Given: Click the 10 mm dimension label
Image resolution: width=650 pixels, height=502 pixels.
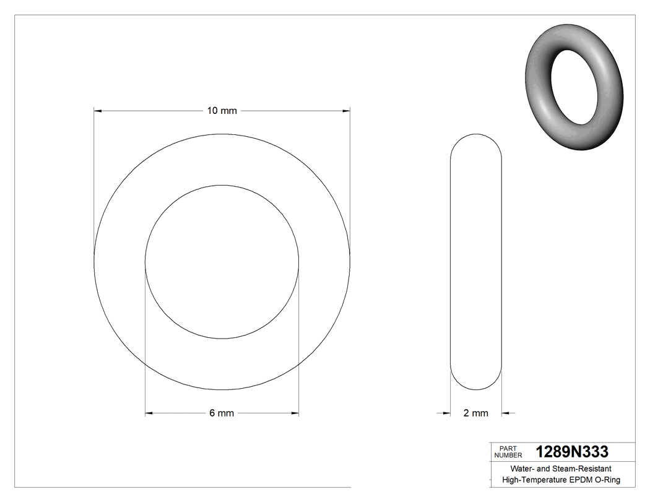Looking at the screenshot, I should click(x=222, y=111).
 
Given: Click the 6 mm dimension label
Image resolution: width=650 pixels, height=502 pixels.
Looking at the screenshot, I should click(x=222, y=413).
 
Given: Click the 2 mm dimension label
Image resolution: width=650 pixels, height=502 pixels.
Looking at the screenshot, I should click(x=475, y=413).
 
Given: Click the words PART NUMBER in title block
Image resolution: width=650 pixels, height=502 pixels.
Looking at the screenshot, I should click(x=508, y=451).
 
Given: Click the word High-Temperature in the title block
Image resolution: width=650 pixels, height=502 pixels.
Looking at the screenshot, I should click(x=534, y=480).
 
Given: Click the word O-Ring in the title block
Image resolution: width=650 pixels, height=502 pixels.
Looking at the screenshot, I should click(x=607, y=480).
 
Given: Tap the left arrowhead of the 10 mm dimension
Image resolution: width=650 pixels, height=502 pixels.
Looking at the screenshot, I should click(x=97, y=111).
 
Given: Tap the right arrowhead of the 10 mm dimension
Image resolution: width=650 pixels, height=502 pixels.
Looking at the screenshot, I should click(x=347, y=111).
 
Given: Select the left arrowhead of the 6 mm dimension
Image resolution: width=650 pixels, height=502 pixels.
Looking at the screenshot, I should click(x=149, y=413).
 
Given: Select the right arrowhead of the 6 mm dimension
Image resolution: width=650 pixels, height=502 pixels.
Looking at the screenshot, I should click(x=295, y=413).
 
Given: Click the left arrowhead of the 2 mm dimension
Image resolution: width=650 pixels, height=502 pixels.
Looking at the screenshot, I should click(x=446, y=413).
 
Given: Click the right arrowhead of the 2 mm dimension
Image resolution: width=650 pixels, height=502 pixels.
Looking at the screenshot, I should click(x=505, y=413).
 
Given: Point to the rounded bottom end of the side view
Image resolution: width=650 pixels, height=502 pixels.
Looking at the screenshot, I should click(x=475, y=386).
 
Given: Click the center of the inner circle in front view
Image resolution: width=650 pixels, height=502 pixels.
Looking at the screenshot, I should click(x=222, y=262).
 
